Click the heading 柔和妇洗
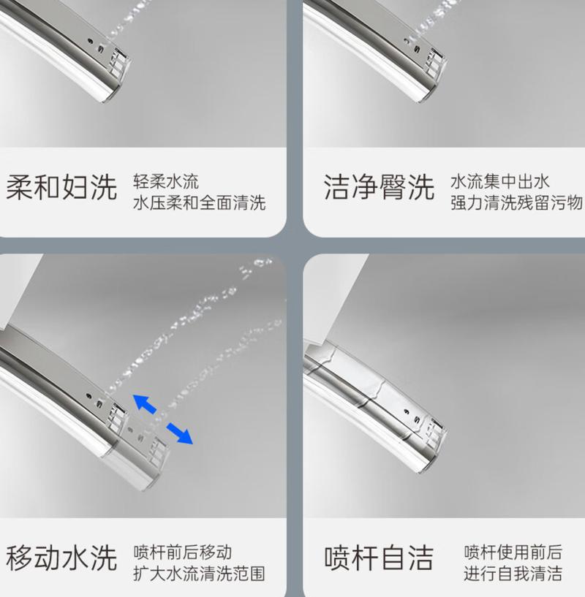pos(61,187)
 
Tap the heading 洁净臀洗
pos(379,187)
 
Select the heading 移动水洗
pos(61,558)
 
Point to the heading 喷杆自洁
pos(379,558)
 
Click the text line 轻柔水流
pos(166,181)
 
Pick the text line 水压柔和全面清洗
pos(200,202)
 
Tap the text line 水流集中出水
pos(500,181)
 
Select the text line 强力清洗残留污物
pos(517,202)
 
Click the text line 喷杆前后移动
pos(183,552)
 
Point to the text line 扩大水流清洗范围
pos(199,574)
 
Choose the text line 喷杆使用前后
pos(513,552)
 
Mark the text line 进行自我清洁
pos(513,574)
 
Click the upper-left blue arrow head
pos(141,401)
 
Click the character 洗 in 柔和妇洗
pos(103,187)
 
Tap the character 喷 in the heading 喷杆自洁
pos(338,558)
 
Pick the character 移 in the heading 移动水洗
pos(20,558)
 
